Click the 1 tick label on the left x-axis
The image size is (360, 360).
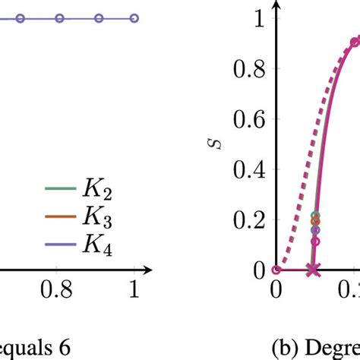click(x=134, y=292)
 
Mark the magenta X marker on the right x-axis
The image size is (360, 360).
click(x=314, y=270)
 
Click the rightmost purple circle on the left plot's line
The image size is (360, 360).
click(x=134, y=17)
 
